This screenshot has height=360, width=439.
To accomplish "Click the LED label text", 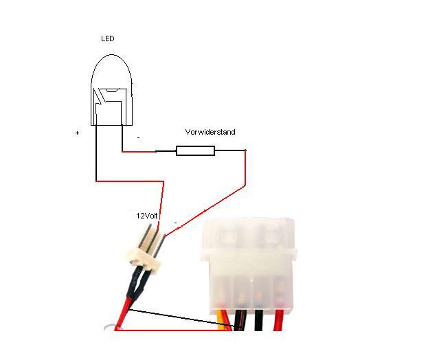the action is pos(107,39).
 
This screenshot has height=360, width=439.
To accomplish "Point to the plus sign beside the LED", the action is pos(77,133).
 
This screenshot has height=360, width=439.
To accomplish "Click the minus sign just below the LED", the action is pos(138,137).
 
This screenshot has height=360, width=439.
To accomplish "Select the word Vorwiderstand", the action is pos(210,132).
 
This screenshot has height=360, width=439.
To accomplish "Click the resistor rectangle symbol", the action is pos(195,150).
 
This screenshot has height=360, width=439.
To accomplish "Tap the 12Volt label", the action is pos(147,215).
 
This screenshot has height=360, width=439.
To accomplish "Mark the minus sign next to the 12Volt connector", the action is pos(175,223).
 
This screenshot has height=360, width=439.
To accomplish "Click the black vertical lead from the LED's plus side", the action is pos(95,155).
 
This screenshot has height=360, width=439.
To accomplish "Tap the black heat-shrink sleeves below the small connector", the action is pos(137,282).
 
